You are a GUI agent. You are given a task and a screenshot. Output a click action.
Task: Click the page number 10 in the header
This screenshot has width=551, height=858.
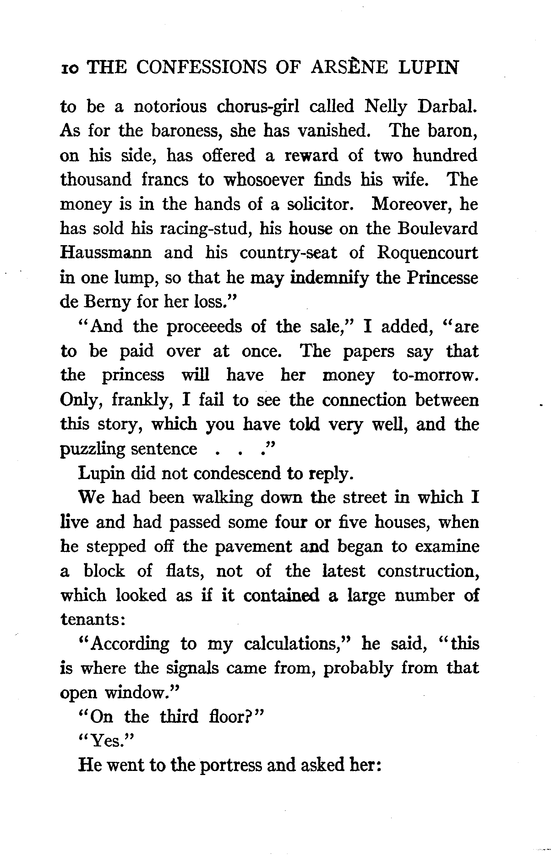point(69,69)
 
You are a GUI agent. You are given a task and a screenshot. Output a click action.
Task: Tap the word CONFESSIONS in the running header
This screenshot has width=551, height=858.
point(201,67)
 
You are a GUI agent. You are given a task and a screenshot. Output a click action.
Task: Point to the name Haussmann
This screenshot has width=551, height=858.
point(106,253)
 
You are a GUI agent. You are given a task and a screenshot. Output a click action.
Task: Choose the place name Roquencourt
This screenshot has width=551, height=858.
point(428,253)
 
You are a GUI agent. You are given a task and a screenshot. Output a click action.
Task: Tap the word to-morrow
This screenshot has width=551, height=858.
point(435,375)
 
